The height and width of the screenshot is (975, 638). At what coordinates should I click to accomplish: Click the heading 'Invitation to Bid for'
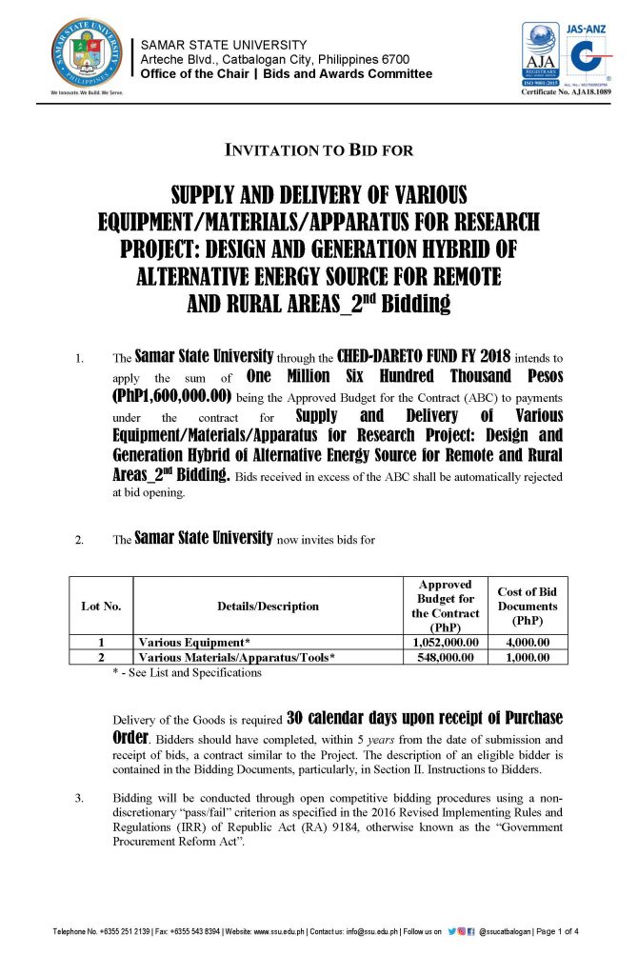click(x=318, y=150)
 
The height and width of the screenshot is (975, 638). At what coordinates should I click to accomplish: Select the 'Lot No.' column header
click(x=100, y=606)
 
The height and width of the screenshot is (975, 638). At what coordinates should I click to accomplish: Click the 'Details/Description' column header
click(x=267, y=606)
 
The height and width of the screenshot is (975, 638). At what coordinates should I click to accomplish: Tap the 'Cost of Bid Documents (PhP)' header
click(x=527, y=606)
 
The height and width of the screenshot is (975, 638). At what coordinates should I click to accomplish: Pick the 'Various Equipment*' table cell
click(x=194, y=643)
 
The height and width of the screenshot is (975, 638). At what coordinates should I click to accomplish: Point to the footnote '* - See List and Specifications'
click(x=187, y=672)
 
